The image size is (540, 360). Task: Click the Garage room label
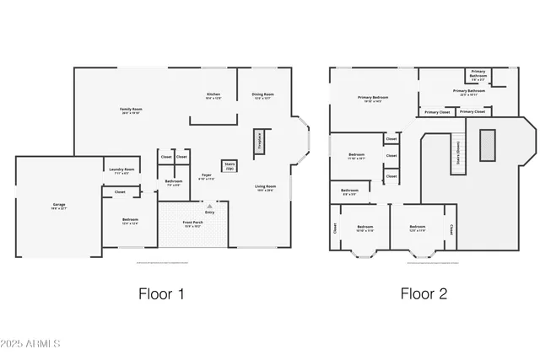point(59,206)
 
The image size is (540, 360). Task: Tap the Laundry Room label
point(121,171)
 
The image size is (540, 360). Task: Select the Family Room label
point(130,110)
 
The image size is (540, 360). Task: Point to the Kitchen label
point(213,96)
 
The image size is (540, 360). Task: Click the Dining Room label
point(262,96)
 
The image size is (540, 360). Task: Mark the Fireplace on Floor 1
point(259,141)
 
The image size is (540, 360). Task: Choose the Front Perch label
point(193,224)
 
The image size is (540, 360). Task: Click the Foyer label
point(207,177)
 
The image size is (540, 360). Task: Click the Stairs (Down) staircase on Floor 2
point(458,153)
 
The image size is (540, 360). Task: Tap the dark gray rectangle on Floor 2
point(487,145)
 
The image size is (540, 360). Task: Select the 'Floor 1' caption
point(160,294)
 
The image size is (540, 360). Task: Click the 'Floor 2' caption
point(424,294)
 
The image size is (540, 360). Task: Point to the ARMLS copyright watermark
point(31,344)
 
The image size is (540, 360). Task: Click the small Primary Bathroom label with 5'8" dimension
point(478,75)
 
